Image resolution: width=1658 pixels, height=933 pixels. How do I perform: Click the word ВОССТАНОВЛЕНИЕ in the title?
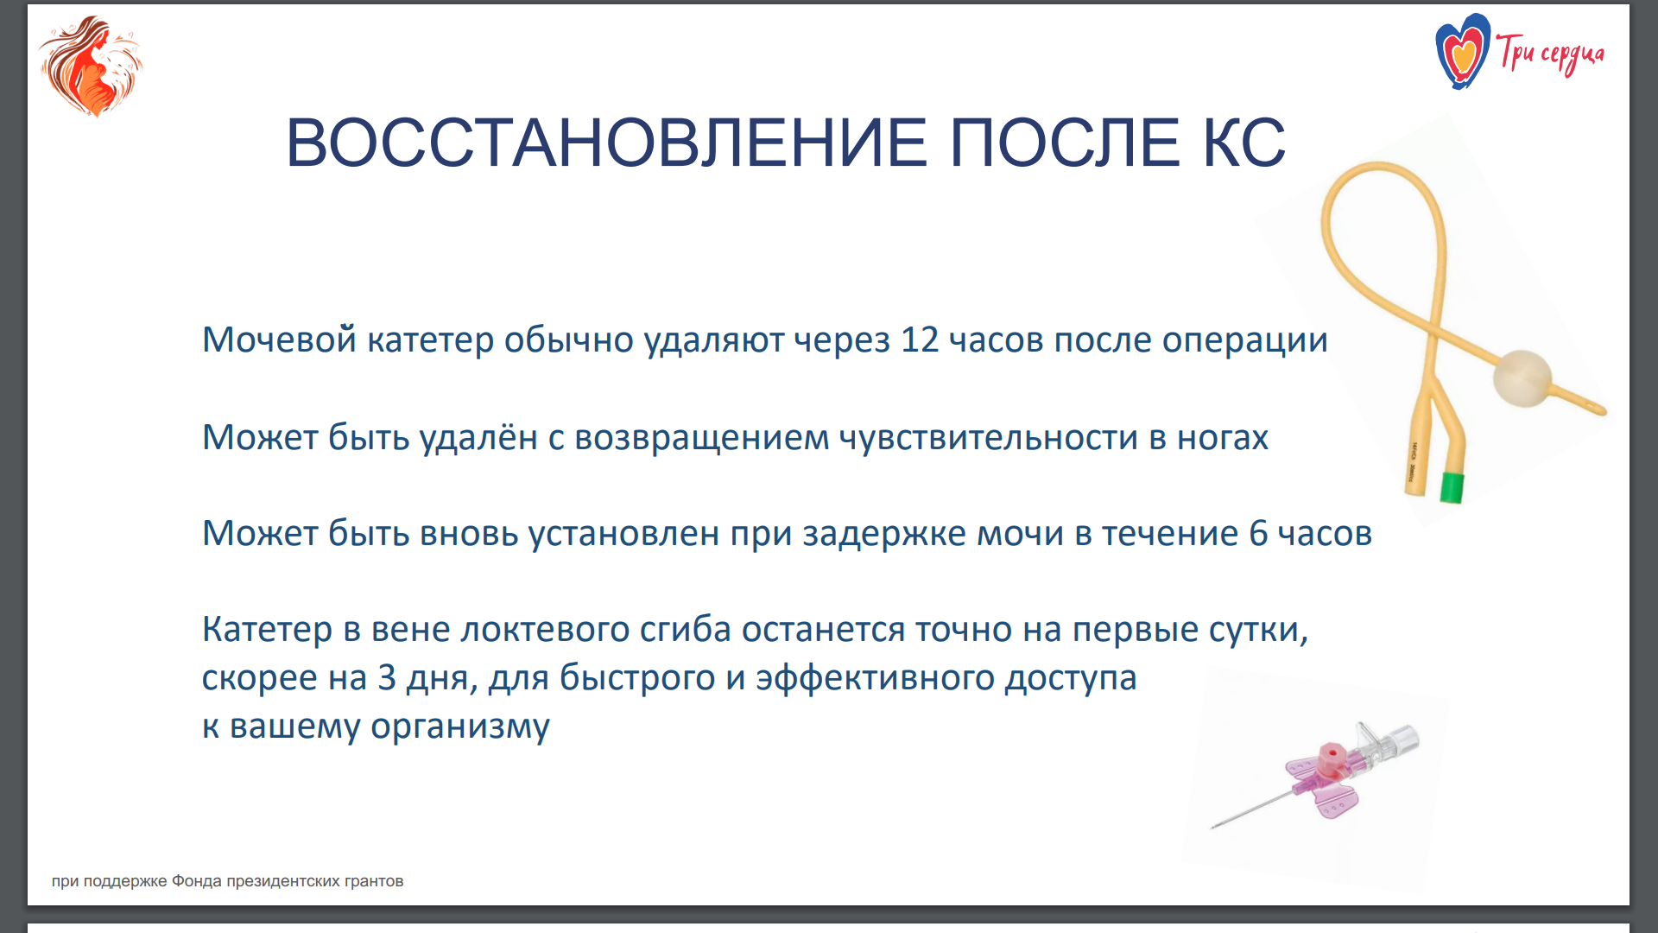pyautogui.click(x=606, y=143)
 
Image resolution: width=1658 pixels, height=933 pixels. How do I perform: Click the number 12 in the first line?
pyautogui.click(x=919, y=340)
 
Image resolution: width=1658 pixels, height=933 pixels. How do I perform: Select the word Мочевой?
pyautogui.click(x=279, y=340)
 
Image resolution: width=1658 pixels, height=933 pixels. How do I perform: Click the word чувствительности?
pyautogui.click(x=989, y=437)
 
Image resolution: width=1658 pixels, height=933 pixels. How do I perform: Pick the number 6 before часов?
pyautogui.click(x=1258, y=533)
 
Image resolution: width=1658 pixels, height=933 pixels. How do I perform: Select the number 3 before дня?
pyautogui.click(x=387, y=677)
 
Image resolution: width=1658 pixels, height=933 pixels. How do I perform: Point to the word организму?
pyautogui.click(x=460, y=727)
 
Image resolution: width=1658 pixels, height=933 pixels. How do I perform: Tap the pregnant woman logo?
pyautogui.click(x=91, y=66)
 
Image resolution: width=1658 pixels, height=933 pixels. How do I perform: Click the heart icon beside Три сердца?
pyautogui.click(x=1462, y=52)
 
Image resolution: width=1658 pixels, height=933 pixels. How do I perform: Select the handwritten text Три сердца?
pyautogui.click(x=1550, y=54)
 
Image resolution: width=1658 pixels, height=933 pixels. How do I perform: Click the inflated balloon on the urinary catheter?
pyautogui.click(x=1522, y=378)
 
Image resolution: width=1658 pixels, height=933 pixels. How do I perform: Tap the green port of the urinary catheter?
pyautogui.click(x=1452, y=487)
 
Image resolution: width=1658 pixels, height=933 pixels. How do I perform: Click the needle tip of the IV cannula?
pyautogui.click(x=1213, y=827)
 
